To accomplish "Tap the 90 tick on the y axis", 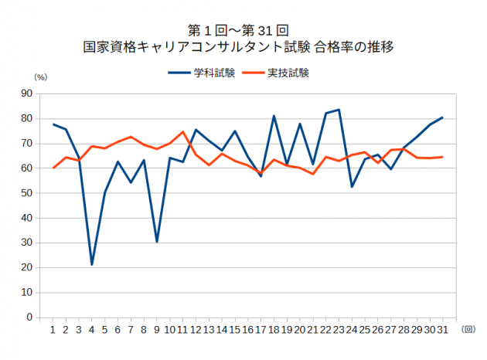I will [27, 93].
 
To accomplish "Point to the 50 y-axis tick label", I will [27, 193].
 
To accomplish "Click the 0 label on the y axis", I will [29, 318].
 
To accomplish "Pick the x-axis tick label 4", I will [92, 330].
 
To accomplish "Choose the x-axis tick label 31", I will [442, 330].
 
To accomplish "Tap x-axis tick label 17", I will [261, 330].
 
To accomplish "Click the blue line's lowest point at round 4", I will [92, 264].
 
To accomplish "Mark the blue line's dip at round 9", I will [157, 242].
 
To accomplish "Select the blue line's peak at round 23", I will [339, 110].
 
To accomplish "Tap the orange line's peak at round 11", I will [182, 132].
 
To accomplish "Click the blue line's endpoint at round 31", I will [442, 117].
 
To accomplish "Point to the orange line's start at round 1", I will [53, 168].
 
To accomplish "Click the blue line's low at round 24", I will [352, 186].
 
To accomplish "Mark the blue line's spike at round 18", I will [274, 116].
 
